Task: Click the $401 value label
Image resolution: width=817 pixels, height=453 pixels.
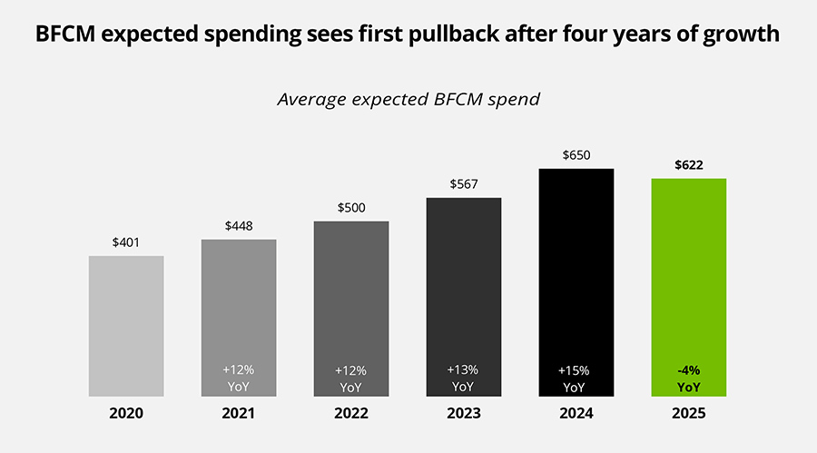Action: [x=126, y=242]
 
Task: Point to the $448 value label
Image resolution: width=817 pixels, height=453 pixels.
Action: [x=239, y=226]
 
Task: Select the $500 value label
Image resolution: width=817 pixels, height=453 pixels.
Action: [x=350, y=207]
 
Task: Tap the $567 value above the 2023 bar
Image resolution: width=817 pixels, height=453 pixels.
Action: [x=463, y=184]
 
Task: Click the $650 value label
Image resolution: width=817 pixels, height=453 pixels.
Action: [x=576, y=155]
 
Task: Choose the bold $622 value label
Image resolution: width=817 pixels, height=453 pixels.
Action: [x=688, y=165]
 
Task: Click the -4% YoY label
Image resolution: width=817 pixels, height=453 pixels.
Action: [x=688, y=378]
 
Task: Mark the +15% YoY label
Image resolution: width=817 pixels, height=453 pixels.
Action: [x=576, y=378]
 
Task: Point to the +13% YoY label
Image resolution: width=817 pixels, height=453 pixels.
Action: [x=463, y=378]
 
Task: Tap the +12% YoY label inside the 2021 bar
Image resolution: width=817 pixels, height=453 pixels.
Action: [x=239, y=378]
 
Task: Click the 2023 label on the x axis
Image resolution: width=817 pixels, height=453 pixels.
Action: [x=463, y=413]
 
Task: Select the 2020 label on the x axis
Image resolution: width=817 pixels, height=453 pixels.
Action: [x=126, y=413]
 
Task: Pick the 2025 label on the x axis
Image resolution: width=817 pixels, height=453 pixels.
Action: [x=688, y=413]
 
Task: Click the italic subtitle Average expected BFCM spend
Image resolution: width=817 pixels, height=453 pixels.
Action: [x=408, y=99]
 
